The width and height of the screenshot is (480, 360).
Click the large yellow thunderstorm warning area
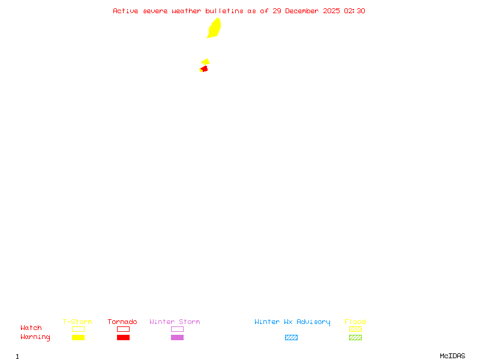coord(214,28)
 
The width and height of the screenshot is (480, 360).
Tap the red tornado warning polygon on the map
coord(205,69)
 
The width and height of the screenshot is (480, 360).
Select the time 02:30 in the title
coord(355,11)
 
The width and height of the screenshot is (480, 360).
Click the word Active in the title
coord(125,11)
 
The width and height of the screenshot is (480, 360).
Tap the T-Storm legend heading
coord(77,322)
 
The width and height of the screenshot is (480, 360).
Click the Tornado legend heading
coord(122,322)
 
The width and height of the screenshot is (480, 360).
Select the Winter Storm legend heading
coord(175,322)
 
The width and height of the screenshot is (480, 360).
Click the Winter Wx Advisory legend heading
coord(292,322)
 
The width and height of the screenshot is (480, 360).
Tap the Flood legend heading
coord(355,322)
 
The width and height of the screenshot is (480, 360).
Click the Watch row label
coord(31,328)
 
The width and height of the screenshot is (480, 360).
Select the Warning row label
coord(35,337)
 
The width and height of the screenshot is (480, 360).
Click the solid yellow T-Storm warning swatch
coord(78,338)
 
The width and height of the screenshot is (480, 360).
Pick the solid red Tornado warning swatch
coord(123,338)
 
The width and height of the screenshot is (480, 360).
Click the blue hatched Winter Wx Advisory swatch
coord(291,338)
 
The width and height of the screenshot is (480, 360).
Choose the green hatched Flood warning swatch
coord(355,338)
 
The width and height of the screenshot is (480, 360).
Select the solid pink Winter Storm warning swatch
coord(177,338)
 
